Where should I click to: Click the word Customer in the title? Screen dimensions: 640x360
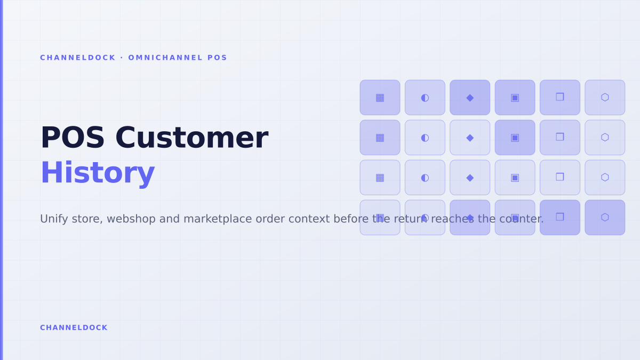pyautogui.click(x=191, y=138)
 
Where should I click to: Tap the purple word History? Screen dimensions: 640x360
pyautogui.click(x=98, y=173)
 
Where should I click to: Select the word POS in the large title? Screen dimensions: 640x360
pyautogui.click(x=73, y=138)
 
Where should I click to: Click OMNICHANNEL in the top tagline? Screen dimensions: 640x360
pyautogui.click(x=165, y=58)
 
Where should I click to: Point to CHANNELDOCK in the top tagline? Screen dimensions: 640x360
pyautogui.click(x=78, y=58)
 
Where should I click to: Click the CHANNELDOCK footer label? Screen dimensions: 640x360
pyautogui.click(x=74, y=327)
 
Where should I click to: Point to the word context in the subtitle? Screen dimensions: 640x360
pyautogui.click(x=309, y=219)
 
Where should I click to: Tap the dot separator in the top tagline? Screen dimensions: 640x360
pyautogui.click(x=122, y=58)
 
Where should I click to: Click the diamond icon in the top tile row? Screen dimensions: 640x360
pyautogui.click(x=470, y=98)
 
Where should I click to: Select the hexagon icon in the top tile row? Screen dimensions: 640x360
pyautogui.click(x=605, y=98)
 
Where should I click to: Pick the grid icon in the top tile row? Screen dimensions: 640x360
pyautogui.click(x=380, y=98)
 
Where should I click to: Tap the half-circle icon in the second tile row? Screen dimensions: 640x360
pyautogui.click(x=425, y=138)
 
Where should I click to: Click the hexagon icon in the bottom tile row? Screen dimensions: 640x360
pyautogui.click(x=605, y=218)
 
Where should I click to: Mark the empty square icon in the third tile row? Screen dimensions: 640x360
pyautogui.click(x=560, y=177)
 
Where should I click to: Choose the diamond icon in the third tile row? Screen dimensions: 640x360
pyautogui.click(x=470, y=178)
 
